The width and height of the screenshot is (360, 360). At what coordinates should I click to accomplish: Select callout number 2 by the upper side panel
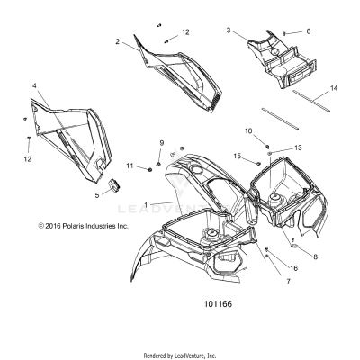tap(117, 41)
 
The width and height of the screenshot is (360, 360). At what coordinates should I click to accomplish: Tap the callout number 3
tap(229, 31)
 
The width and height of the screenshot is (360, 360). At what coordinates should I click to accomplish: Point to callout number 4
tap(35, 86)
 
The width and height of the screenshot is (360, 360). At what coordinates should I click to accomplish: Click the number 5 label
tap(122, 193)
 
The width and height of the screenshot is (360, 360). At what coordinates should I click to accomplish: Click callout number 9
tap(162, 144)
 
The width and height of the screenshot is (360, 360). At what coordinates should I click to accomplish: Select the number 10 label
tap(249, 131)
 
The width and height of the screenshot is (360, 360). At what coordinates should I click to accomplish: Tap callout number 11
tap(130, 166)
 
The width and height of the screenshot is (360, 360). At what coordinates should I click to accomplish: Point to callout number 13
tap(299, 148)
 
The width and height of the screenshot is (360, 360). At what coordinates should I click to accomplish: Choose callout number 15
tap(238, 157)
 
